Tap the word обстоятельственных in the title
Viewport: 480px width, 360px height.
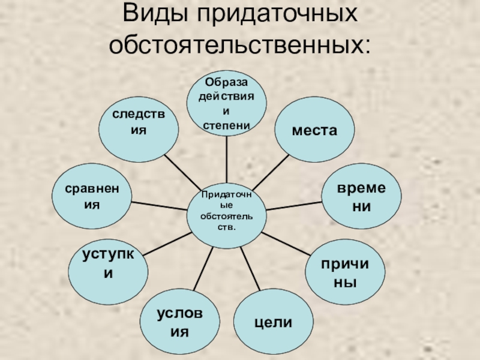pos(239,44)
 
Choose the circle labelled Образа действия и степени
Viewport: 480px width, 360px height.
pos(226,103)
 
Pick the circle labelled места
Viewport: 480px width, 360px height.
pos(314,130)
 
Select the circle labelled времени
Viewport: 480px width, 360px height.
pos(361,197)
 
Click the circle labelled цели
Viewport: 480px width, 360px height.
pos(273,322)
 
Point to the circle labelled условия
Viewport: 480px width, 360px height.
pos(180,322)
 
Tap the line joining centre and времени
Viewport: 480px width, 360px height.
pos(294,205)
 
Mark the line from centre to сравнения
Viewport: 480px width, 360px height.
pos(159,205)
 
